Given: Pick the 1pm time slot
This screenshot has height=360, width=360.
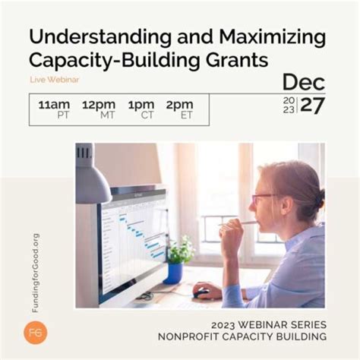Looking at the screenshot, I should point(141,106).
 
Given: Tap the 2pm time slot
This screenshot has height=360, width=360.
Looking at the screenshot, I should point(180,106).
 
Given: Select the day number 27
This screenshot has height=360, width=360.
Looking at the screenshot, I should point(312,106).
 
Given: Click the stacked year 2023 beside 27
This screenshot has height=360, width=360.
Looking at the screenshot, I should point(289,106).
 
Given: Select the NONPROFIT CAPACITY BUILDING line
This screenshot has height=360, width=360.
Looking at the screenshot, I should point(242,336).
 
